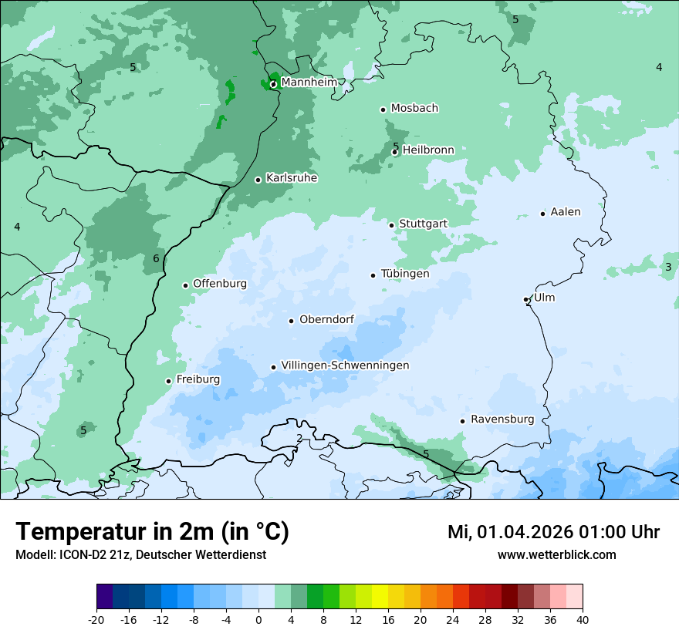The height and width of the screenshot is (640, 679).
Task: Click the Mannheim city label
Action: click(x=309, y=82)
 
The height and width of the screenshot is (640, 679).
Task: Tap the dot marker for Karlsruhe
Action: click(x=258, y=180)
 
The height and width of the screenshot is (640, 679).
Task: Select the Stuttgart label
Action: click(x=423, y=224)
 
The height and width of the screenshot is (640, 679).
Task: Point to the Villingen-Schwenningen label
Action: click(x=345, y=365)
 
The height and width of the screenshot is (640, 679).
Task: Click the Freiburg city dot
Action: click(x=168, y=381)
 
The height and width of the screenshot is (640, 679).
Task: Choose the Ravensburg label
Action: click(x=502, y=419)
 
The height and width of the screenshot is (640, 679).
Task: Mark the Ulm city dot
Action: click(x=526, y=299)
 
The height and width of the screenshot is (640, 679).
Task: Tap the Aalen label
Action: click(x=566, y=212)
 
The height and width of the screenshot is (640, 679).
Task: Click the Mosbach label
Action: click(x=414, y=109)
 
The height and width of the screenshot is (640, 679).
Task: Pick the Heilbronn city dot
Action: click(x=395, y=152)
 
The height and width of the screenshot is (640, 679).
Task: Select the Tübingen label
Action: click(x=405, y=274)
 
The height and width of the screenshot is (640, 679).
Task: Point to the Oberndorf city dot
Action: click(x=291, y=321)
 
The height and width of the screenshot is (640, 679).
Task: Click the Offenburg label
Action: click(x=220, y=284)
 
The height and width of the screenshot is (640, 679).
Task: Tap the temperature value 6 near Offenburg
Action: click(x=156, y=258)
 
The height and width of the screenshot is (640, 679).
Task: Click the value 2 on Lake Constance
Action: click(x=299, y=439)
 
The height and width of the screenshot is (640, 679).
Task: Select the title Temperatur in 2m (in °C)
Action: click(x=152, y=531)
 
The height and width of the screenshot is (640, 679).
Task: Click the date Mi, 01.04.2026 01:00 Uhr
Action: click(x=553, y=532)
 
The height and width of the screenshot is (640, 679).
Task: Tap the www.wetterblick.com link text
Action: click(x=556, y=554)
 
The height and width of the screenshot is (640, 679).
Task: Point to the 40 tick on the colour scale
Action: click(x=582, y=619)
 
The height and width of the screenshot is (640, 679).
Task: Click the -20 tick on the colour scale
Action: click(x=96, y=619)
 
